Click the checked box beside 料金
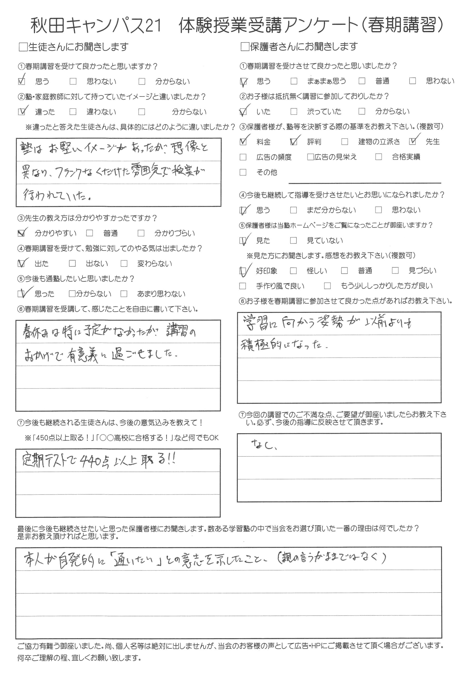coord(243,142)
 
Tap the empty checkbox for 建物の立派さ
coord(345,142)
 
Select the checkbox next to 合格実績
coord(378,157)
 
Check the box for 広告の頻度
coord(243,157)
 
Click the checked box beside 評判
coord(293,142)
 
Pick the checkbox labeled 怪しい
coord(293,271)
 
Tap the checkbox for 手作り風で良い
coord(242,286)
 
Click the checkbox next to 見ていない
coord(293,240)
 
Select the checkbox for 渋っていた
coord(293,112)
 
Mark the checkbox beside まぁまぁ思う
coord(293,81)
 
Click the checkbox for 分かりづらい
coord(141,233)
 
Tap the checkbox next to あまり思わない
coord(124,294)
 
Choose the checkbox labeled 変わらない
coord(124,264)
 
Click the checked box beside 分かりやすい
coord(21,233)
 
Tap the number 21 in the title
coord(153,26)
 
